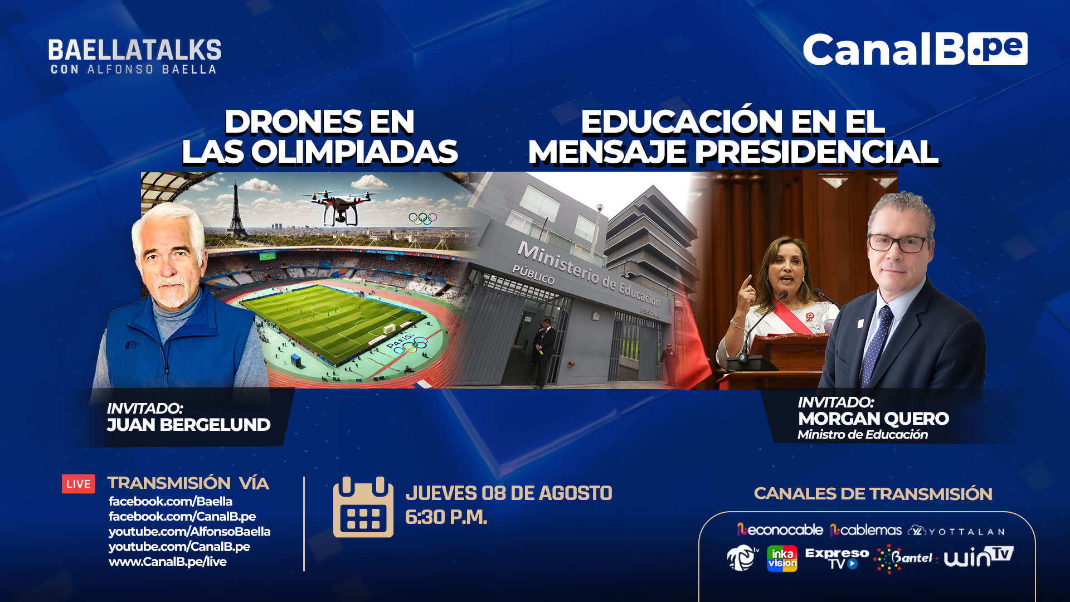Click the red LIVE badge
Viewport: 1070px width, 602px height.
79,484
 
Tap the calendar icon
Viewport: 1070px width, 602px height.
363,507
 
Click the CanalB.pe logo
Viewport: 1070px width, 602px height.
915,49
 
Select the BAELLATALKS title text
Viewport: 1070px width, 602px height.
135,50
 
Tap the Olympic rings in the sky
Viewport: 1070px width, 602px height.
422,218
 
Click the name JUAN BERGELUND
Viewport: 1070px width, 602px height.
188,425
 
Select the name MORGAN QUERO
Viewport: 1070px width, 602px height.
873,419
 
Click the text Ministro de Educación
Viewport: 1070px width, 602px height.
863,435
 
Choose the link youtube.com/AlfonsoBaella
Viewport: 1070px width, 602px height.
189,531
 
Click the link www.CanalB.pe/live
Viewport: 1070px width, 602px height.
168,561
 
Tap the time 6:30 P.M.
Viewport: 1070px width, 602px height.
446,517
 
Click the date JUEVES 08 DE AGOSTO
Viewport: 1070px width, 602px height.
509,493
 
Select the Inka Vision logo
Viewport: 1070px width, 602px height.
782,559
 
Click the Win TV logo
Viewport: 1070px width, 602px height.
979,557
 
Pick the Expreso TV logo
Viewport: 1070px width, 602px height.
837,559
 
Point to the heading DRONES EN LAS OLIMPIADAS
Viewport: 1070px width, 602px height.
320,137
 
